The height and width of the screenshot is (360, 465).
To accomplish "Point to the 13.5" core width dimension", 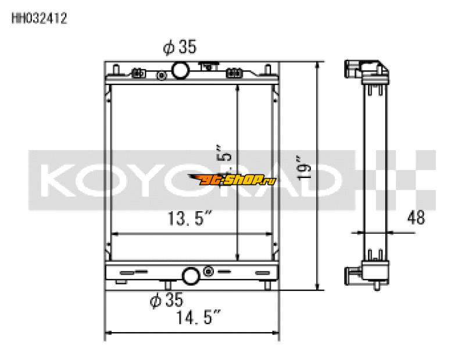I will [x=189, y=219].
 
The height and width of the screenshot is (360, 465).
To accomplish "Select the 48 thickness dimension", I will [x=415, y=218].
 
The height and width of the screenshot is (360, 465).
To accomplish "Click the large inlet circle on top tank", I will [x=180, y=71].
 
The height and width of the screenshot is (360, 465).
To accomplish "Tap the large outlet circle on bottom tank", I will [x=191, y=275].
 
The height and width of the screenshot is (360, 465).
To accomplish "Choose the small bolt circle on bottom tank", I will [x=208, y=272].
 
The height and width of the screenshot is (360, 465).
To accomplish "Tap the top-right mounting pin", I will [x=267, y=69].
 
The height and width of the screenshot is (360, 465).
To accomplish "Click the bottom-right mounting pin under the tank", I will [x=267, y=285].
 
